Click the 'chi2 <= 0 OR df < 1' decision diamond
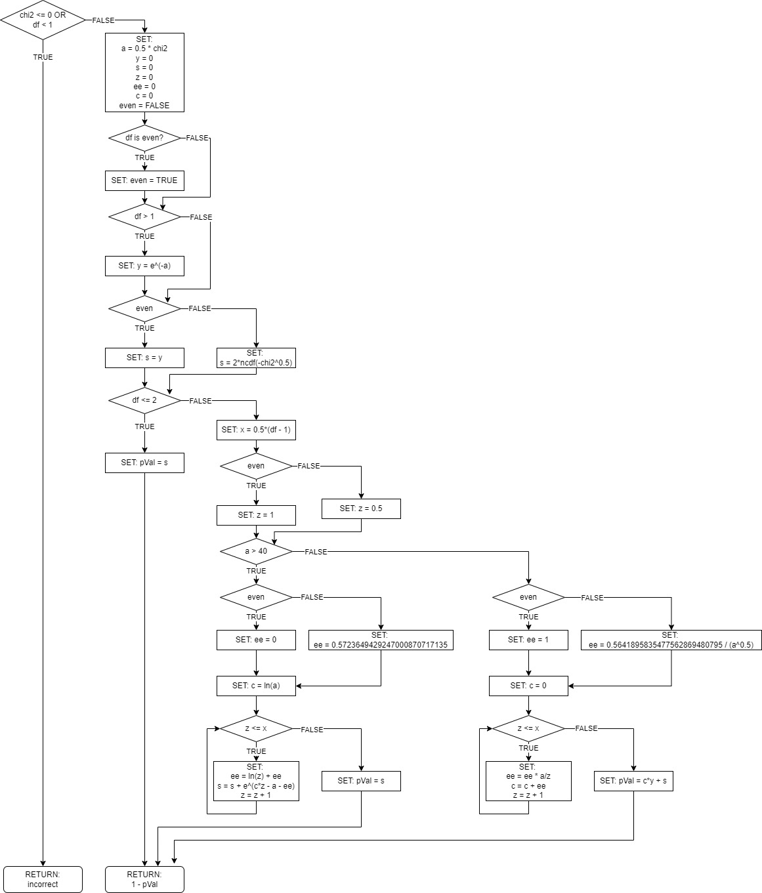[43, 20]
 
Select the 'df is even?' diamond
[144, 138]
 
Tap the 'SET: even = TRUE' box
[144, 180]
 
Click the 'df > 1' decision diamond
[144, 217]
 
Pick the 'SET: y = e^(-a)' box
[144, 266]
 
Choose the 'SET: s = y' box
[144, 358]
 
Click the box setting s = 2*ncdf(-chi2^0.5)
[256, 358]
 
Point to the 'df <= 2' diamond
[144, 400]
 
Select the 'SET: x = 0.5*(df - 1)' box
[256, 430]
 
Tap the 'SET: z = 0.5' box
[361, 509]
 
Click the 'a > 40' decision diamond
[256, 551]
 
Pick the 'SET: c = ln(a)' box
[256, 686]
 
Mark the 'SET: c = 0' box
[528, 686]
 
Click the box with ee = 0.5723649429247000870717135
[381, 640]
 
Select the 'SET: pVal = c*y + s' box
[633, 781]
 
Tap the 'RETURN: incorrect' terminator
[43, 879]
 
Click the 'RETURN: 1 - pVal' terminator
[144, 879]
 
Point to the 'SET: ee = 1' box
[528, 640]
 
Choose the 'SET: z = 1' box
[256, 515]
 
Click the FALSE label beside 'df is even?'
[197, 138]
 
